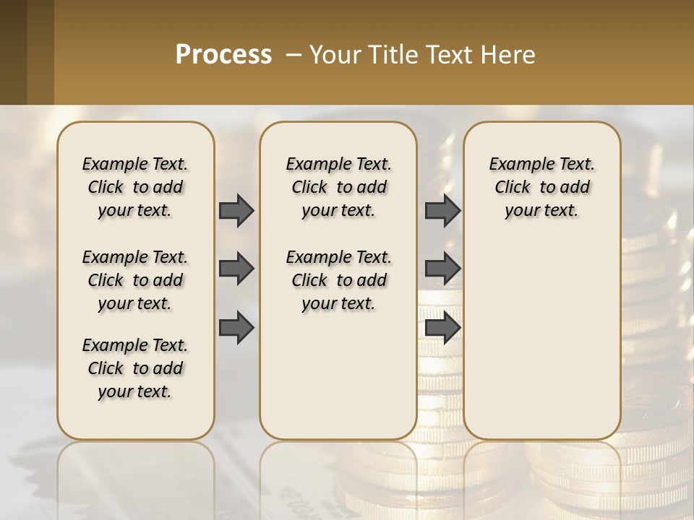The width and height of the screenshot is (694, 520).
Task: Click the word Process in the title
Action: tap(223, 55)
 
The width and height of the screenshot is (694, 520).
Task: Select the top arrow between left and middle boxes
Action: tap(236, 210)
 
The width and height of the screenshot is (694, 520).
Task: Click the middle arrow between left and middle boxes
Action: tap(236, 269)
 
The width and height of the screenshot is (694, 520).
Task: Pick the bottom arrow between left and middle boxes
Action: tap(236, 328)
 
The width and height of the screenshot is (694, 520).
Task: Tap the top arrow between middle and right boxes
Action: tap(442, 210)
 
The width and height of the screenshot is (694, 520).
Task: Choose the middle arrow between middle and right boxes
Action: tap(442, 269)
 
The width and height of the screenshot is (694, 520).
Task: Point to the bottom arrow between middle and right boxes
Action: tap(442, 328)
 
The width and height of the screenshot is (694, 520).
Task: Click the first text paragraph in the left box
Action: tap(135, 187)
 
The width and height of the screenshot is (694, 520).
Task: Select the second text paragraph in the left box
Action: tap(135, 280)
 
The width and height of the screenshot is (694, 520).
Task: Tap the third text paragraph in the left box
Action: tap(135, 368)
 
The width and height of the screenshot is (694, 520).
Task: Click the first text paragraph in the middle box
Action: tap(338, 187)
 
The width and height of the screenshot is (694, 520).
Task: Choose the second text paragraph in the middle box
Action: tap(338, 280)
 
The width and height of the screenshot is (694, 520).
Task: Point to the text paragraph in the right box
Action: tap(541, 187)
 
